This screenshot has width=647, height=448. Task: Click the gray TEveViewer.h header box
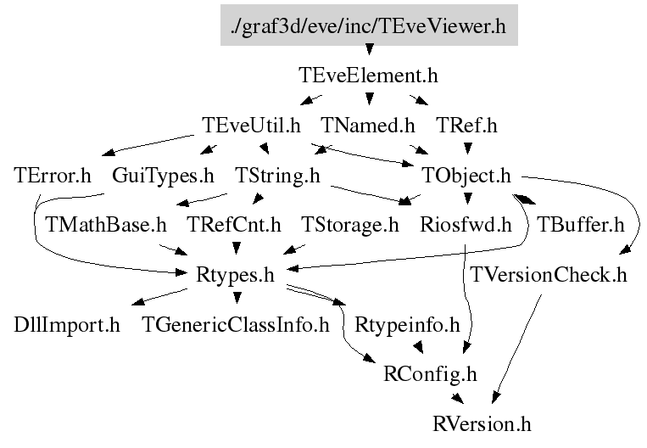368,26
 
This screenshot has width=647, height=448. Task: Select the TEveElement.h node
368,76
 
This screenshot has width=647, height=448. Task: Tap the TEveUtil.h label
252,126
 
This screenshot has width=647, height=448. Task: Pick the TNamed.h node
368,126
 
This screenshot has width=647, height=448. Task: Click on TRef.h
466,126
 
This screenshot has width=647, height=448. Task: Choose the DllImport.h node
67,324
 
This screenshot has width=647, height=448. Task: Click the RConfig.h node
431,373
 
